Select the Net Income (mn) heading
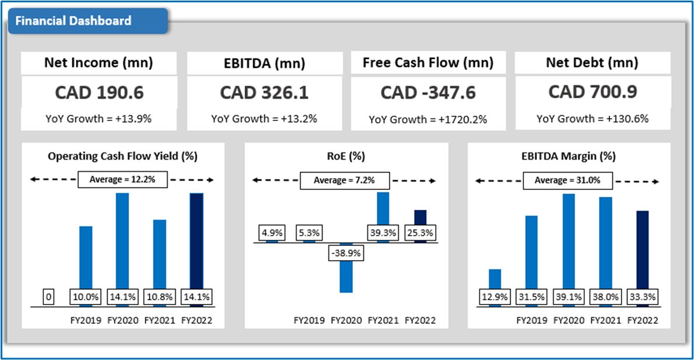98,63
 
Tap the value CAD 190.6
98,92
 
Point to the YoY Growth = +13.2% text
264,119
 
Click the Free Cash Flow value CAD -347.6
428,92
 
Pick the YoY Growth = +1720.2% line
428,119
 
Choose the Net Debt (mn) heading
592,63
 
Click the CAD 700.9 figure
592,92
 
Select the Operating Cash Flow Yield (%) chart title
123,157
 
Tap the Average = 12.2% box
123,180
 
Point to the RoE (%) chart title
346,157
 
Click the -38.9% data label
346,254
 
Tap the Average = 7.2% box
345,181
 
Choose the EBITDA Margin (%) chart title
568,157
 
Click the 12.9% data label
494,297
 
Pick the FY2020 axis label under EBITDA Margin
568,320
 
